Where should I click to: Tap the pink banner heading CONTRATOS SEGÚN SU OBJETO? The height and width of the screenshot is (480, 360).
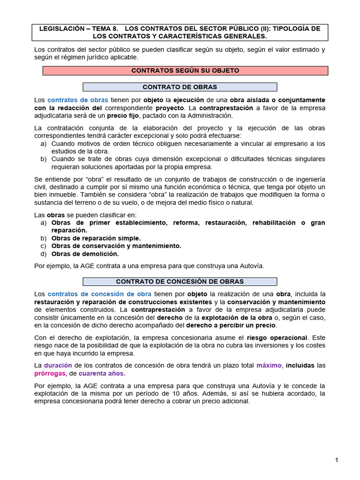[x=185, y=71]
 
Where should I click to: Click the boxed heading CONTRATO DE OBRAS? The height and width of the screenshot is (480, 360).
[x=180, y=87]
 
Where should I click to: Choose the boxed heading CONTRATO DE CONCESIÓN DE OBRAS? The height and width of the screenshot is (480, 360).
[x=180, y=282]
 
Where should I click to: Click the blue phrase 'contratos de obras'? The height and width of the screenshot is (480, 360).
[x=78, y=100]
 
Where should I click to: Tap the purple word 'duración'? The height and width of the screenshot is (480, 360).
[x=58, y=365]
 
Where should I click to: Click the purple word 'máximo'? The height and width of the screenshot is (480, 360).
[x=269, y=365]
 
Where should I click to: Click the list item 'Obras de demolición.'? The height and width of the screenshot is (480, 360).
[x=85, y=254]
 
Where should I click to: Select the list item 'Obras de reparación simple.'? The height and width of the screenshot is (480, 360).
[x=96, y=238]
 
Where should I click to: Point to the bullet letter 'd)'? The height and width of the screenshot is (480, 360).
[x=44, y=254]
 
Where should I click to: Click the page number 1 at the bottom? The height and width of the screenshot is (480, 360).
[x=337, y=460]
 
